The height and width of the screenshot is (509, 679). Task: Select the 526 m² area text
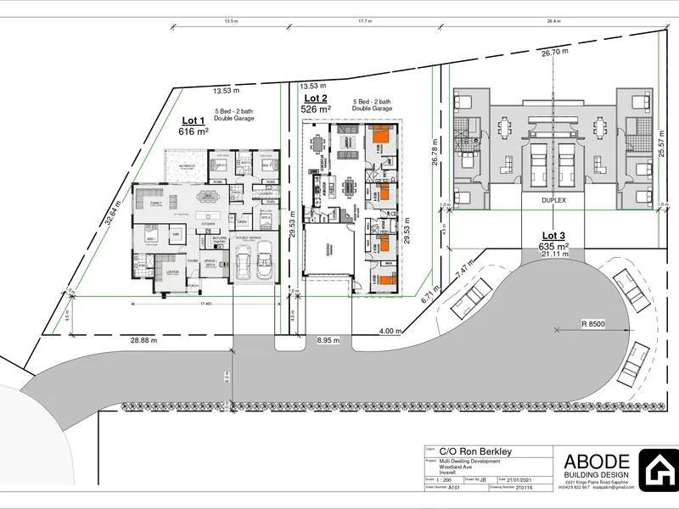coord(317,109)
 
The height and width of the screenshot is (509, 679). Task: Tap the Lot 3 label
coord(553,236)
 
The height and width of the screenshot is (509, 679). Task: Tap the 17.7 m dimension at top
coord(365,23)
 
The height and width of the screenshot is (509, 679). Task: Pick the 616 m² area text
coord(194,132)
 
